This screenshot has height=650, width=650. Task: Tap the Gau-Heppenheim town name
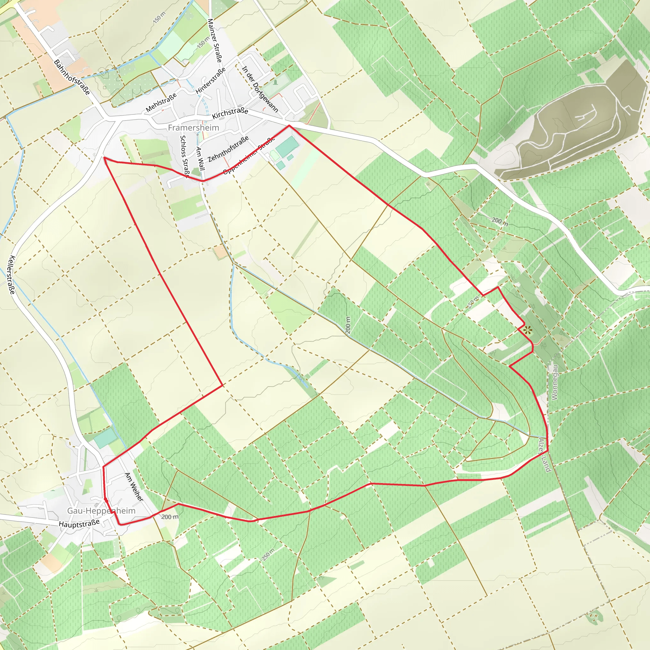click(x=101, y=510)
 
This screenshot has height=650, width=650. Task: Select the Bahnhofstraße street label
click(x=72, y=77)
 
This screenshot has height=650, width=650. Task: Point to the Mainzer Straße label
click(x=215, y=40)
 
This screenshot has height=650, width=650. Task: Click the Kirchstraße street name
click(x=230, y=113)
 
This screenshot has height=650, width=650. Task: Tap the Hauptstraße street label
click(x=79, y=523)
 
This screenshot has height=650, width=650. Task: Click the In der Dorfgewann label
click(x=260, y=89)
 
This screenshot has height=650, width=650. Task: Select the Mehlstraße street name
click(x=161, y=103)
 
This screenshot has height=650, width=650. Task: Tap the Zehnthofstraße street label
click(x=229, y=149)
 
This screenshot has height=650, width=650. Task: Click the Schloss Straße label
click(x=185, y=156)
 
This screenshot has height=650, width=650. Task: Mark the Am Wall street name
click(x=200, y=158)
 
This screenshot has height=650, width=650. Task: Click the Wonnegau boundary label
click(x=555, y=382)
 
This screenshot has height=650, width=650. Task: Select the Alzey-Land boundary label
click(x=544, y=455)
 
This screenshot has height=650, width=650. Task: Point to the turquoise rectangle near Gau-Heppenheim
click(x=105, y=438)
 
